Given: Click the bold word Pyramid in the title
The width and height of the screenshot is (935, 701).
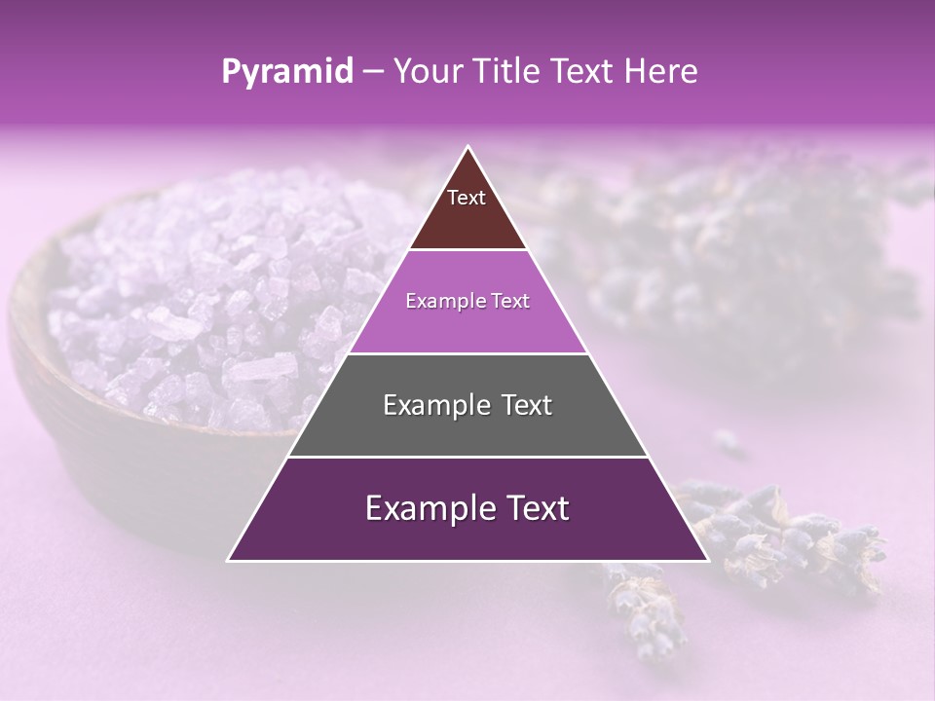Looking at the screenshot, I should coord(287,72).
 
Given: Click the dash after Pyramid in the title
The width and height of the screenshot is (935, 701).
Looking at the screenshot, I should coord(373,72).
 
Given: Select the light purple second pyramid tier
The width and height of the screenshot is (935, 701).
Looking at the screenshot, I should coord(467,326).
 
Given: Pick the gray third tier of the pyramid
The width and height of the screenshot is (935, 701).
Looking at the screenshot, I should coord(467,428).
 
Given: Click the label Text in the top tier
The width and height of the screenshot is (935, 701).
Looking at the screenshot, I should coord(467,198).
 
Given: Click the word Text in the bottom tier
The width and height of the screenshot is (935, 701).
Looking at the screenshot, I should coord(538,508).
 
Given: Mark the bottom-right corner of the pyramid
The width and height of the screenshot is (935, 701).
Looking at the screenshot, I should coord(707,560).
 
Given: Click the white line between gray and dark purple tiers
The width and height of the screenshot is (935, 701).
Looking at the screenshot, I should coord(467,457).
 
